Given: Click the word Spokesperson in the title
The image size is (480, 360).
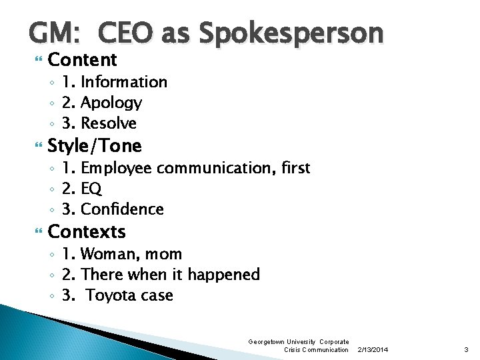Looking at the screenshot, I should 291,33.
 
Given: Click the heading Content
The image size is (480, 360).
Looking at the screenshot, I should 83,60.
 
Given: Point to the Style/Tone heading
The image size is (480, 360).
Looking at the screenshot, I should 95,145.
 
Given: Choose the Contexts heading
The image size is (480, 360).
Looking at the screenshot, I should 87,232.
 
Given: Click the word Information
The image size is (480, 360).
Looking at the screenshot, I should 124,82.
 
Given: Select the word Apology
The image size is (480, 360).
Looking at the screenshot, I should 111,103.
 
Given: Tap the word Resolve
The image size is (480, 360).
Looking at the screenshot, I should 109,123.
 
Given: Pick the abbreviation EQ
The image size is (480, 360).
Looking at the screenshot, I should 91,189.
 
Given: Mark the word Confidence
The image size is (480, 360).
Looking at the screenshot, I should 122,209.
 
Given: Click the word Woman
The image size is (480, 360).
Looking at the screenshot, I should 105,254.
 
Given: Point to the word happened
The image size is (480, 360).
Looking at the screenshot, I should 224,275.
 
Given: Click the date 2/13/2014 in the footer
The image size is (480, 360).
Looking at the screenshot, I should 373,350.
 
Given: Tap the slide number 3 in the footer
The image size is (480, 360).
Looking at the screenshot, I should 466,350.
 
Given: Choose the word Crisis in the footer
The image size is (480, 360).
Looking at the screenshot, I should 294,350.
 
